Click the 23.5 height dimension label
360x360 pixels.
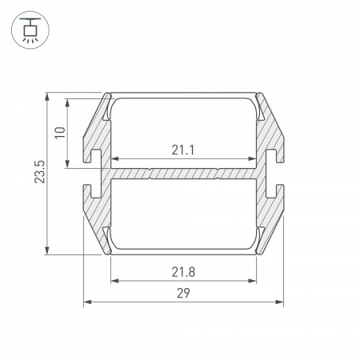[40, 172]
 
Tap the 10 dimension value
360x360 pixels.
[60, 133]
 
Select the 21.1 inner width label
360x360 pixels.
[183, 150]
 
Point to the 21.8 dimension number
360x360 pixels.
[183, 272]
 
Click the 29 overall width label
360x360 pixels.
[183, 293]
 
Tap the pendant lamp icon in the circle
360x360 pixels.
[30, 30]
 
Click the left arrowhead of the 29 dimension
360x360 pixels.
[87, 302]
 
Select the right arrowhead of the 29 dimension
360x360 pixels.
[279, 302]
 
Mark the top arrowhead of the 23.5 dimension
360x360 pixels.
[47, 97]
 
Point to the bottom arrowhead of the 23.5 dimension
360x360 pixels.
[47, 250]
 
